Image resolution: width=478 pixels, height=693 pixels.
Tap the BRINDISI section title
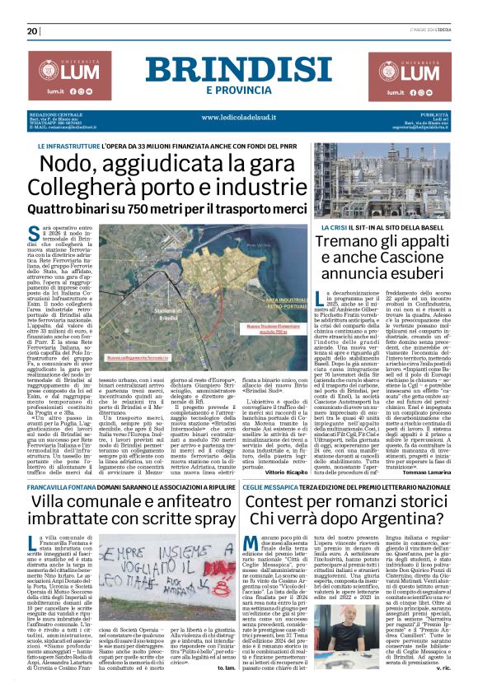(237, 69)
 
